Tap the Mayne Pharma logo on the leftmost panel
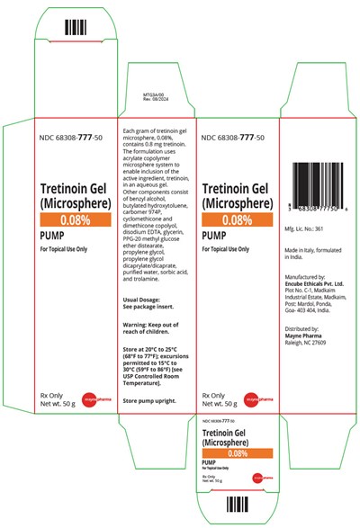tap(94, 399)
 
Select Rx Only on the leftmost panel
tap(46, 394)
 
